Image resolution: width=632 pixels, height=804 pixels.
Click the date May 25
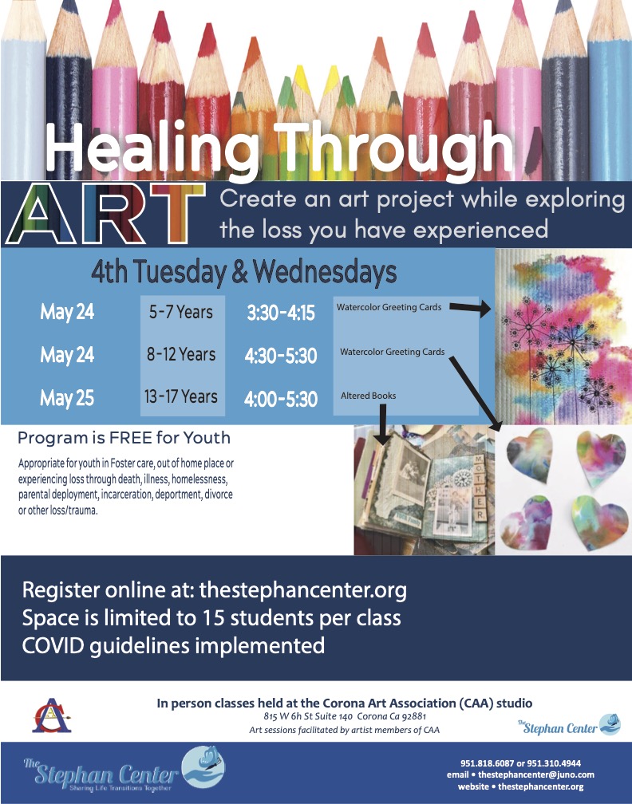pos(67,398)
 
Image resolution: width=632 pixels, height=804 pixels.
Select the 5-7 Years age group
pos(181,312)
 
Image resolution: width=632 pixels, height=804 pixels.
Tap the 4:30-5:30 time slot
pos(281,356)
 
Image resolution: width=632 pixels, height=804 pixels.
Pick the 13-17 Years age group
pos(180,396)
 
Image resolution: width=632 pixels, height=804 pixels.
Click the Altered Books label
pos(369,396)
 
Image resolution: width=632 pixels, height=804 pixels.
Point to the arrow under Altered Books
pos(381,424)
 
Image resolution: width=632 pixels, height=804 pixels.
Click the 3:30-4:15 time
pos(281,313)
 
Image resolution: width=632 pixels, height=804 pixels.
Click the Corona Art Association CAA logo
pos(52,715)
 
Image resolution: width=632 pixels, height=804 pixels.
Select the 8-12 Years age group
pos(181,354)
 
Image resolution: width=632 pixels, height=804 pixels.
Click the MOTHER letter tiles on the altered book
pos(479,487)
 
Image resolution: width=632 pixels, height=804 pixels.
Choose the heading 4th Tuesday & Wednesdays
pos(244,272)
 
